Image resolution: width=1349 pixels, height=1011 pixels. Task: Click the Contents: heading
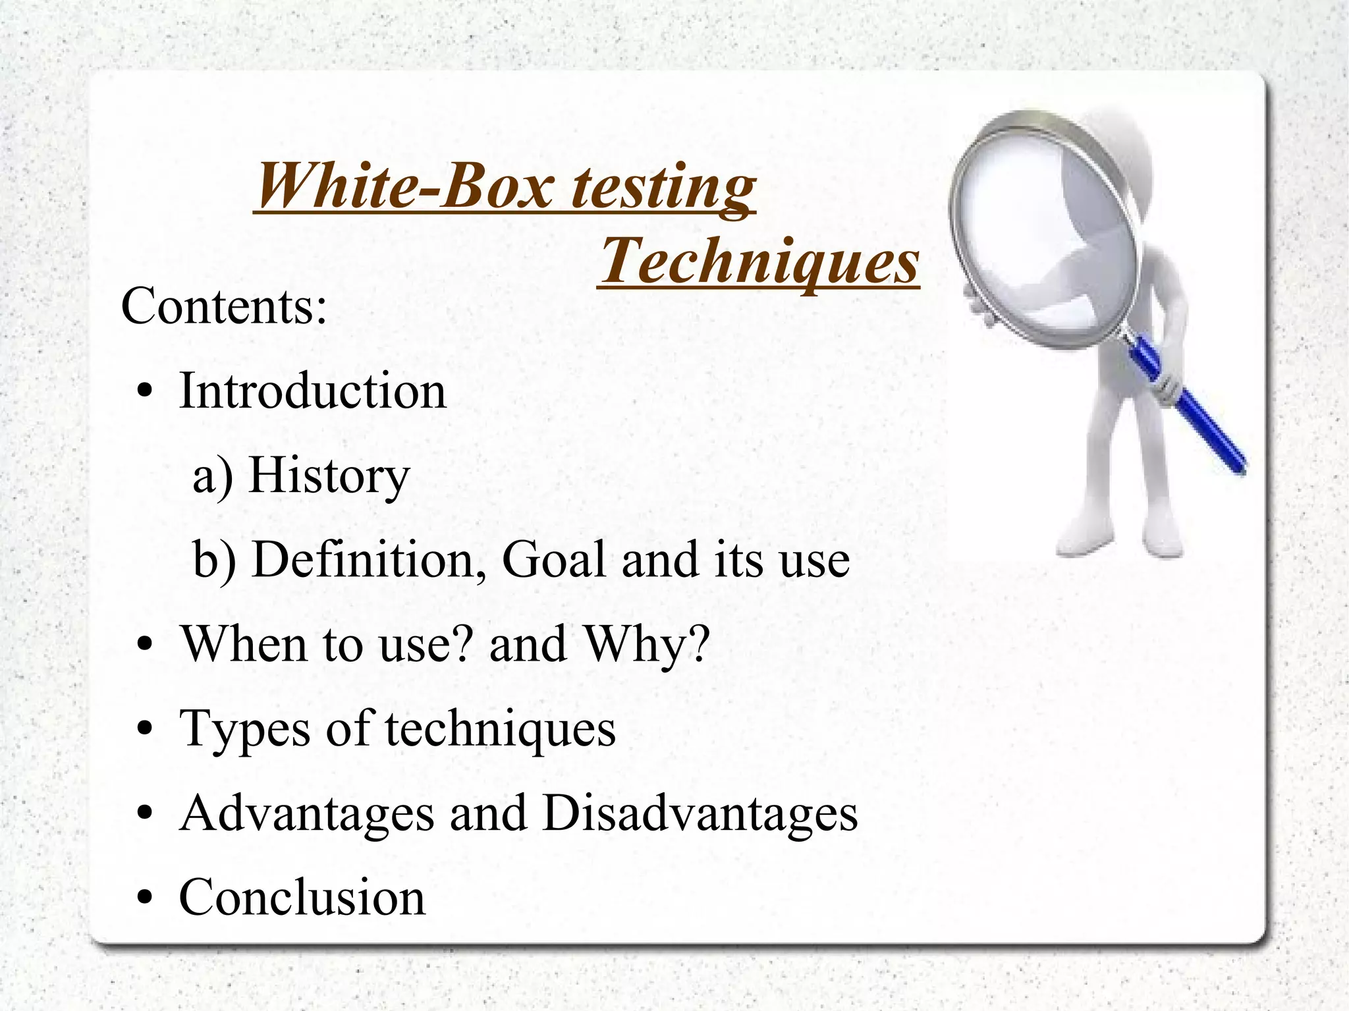pos(224,306)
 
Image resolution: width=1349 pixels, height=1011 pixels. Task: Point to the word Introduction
pos(312,391)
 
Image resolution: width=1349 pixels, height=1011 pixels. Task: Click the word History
pos(329,476)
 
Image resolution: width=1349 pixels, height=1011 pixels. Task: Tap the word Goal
pos(553,560)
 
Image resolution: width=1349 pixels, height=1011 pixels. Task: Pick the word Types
pos(244,729)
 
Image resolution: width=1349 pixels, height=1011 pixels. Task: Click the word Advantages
pos(306,813)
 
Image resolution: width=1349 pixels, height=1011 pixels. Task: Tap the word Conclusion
pos(302,898)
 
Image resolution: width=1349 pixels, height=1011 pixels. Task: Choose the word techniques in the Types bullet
pos(500,729)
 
